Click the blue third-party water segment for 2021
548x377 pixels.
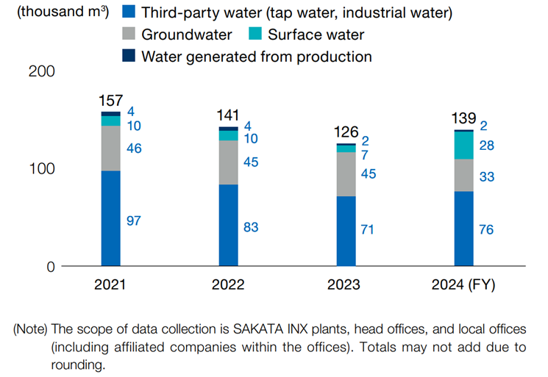coord(110,218)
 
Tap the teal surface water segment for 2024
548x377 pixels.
coord(463,146)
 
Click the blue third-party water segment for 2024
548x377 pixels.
coord(463,229)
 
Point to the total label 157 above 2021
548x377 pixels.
coord(110,101)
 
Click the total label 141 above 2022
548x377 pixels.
coord(228,115)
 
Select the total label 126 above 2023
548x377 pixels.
coord(346,132)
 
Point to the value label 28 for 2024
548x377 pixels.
coord(486,146)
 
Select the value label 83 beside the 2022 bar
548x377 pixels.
coord(251,227)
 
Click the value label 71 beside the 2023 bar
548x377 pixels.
coord(368,230)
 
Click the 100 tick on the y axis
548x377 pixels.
coord(40,169)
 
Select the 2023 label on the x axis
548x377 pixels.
coord(346,286)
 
